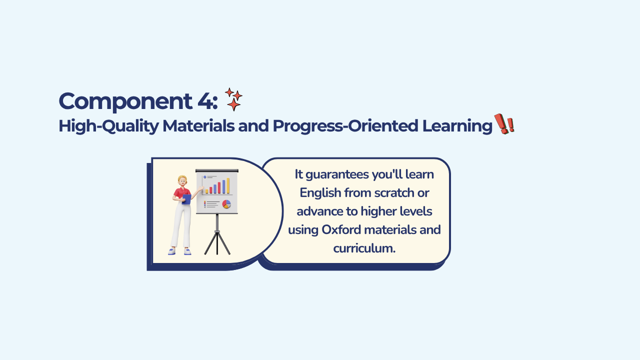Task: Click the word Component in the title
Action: pyautogui.click(x=125, y=101)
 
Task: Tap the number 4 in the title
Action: pyautogui.click(x=205, y=101)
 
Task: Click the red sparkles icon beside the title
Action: pyautogui.click(x=233, y=99)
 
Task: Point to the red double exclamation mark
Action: pyautogui.click(x=504, y=123)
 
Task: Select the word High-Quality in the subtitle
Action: pyautogui.click(x=108, y=126)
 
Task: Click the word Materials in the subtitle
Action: pyautogui.click(x=198, y=125)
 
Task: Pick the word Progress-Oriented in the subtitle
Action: pyautogui.click(x=345, y=126)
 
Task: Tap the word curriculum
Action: pyautogui.click(x=364, y=248)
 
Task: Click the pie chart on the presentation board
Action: pyautogui.click(x=226, y=204)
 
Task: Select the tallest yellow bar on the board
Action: pyautogui.click(x=228, y=185)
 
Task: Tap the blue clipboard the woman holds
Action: pyautogui.click(x=186, y=199)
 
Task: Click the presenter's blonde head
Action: pyautogui.click(x=182, y=180)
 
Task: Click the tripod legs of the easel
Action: pyautogui.click(x=217, y=243)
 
